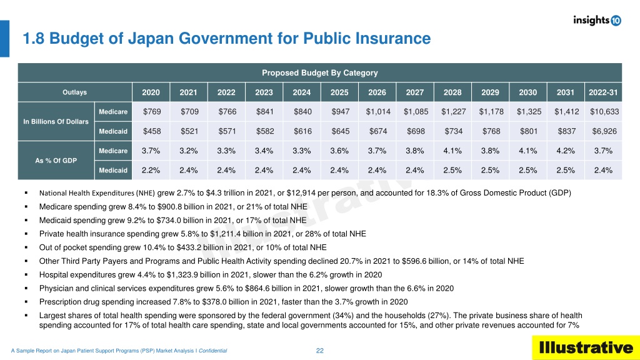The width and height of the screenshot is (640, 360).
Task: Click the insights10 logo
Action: coord(597,20)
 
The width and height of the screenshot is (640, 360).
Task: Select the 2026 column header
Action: coord(377,92)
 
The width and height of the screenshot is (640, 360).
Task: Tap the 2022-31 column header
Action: coord(603,92)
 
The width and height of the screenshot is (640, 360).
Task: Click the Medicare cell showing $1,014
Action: coord(378,111)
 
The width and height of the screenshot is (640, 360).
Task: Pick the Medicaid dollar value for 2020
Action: coord(152,131)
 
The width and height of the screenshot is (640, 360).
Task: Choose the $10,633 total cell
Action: coord(604,111)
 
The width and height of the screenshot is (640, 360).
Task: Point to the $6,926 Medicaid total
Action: coord(604,131)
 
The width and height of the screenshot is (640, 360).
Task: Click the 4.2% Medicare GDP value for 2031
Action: coord(566,151)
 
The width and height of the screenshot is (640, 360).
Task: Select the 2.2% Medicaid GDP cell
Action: coord(151,170)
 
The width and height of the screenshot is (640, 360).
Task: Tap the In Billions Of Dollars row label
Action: coord(56,121)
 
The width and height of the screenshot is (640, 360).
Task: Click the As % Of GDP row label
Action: coord(56,161)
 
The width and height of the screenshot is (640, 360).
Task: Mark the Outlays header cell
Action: coord(75,92)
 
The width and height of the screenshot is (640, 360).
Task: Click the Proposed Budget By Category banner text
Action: coord(320,72)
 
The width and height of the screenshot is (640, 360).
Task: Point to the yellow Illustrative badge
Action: coord(586,347)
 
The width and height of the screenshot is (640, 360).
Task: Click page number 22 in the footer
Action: coord(320,351)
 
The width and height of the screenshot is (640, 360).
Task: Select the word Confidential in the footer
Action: coord(212,351)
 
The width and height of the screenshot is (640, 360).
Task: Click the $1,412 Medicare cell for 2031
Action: coord(566,111)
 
